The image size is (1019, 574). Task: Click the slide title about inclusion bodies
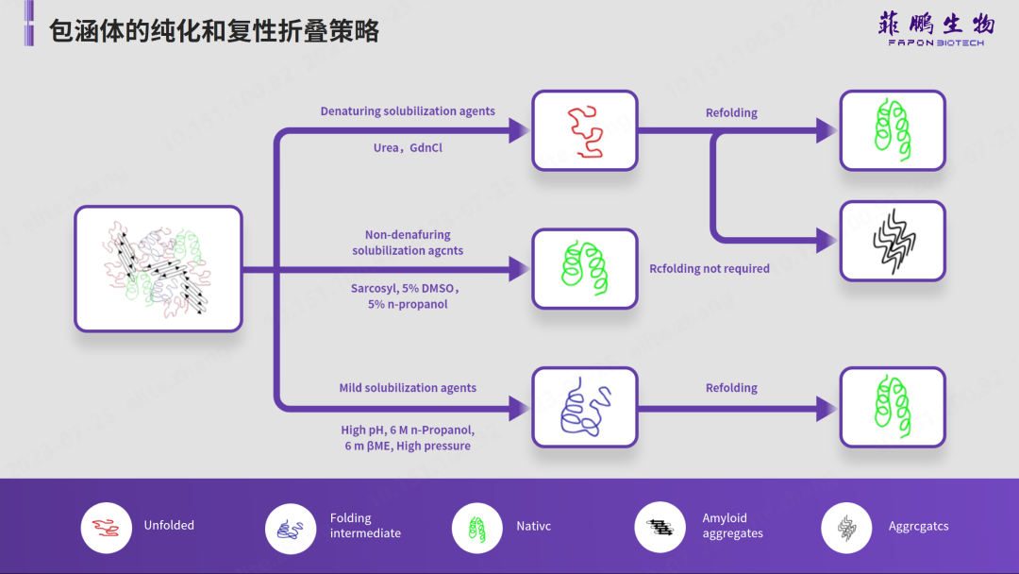point(214,31)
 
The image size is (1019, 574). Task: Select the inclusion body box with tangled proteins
point(159,269)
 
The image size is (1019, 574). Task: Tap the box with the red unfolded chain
point(584,130)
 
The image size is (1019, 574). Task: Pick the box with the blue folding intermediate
point(584,407)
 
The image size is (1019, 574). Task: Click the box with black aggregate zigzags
point(892,241)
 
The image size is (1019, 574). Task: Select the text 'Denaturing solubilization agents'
point(408,111)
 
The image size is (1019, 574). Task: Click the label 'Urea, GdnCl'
point(408,148)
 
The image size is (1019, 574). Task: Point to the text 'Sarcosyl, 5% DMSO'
point(405,287)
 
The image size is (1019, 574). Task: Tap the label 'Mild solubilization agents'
point(408,388)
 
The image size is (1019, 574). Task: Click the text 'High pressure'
point(434,447)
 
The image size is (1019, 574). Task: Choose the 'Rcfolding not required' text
point(710,269)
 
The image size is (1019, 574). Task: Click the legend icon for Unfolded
point(106,527)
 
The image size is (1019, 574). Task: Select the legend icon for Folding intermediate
point(291,527)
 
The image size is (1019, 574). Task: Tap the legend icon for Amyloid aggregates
point(660,527)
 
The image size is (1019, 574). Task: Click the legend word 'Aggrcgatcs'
point(919,526)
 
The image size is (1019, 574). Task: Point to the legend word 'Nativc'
point(534,526)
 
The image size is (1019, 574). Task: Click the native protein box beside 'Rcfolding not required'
point(584,269)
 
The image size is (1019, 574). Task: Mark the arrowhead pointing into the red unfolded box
point(518,130)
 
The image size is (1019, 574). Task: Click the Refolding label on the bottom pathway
point(731,388)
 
